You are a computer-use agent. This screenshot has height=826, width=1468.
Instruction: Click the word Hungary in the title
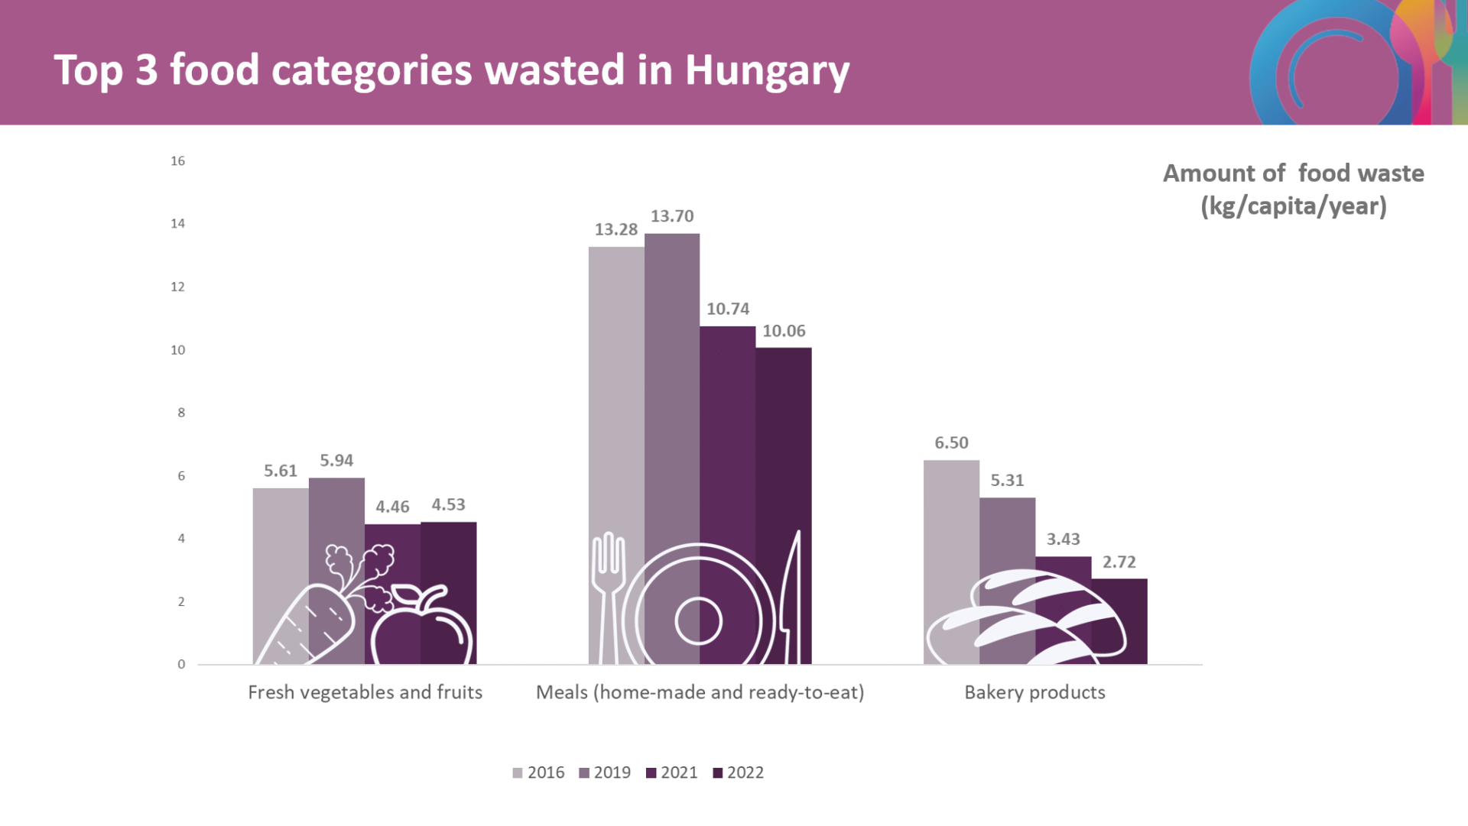point(767,70)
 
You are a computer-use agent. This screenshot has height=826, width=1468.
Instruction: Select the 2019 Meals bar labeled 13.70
point(671,382)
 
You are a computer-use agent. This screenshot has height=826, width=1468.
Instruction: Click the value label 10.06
point(784,331)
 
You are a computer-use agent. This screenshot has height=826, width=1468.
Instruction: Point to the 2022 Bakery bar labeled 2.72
point(1119,611)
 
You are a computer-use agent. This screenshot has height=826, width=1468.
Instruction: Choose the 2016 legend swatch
point(518,773)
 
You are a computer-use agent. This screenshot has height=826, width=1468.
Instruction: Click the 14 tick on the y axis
point(177,224)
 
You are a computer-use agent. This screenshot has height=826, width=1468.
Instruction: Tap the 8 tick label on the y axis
point(181,413)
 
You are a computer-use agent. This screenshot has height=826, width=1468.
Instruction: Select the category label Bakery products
point(1034,692)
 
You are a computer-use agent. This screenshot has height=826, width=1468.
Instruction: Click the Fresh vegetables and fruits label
point(365,692)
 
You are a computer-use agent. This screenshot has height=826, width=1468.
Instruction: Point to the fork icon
point(609,596)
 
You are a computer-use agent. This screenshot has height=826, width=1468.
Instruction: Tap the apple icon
point(421,627)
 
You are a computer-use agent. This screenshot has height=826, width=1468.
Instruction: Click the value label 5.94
point(336,461)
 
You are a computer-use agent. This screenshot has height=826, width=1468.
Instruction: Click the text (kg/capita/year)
point(1294,206)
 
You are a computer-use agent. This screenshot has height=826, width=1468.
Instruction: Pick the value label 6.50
point(951,443)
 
